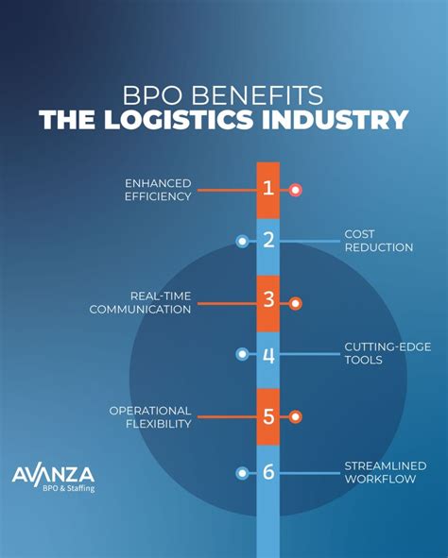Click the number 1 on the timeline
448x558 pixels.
coord(268,189)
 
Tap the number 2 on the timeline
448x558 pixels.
coord(268,241)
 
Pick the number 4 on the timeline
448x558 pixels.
coord(268,355)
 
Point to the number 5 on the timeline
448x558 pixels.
coord(268,415)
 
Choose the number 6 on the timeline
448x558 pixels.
coord(268,471)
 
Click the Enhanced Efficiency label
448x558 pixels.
coord(159,190)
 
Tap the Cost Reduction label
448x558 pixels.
coord(378,240)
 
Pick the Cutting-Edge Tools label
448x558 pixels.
coord(388,353)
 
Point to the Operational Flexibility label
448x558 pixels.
coord(150,416)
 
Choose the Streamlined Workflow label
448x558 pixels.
coord(385,473)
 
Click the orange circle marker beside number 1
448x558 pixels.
coord(296,190)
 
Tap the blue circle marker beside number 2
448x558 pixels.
coord(242,242)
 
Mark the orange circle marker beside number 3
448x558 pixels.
coord(296,303)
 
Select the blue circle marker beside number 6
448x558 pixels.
coord(242,472)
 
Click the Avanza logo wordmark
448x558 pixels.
coord(53,474)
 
